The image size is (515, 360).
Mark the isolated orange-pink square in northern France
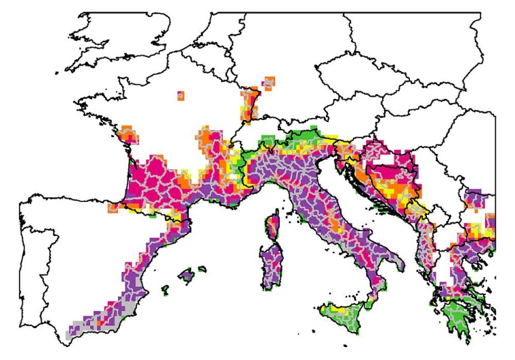pos(180,96)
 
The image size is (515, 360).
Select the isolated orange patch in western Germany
pos(270,83)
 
